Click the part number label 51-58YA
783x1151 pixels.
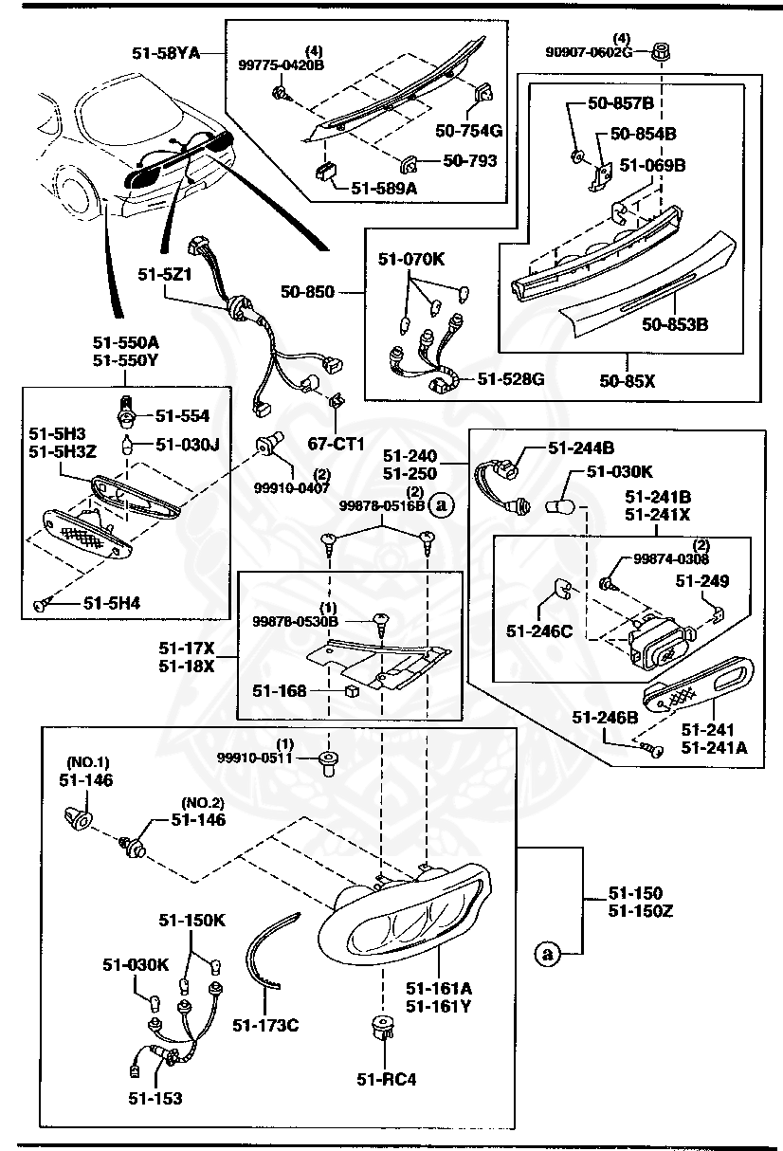click(165, 54)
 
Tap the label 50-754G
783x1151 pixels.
click(468, 130)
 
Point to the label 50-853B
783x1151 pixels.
click(675, 325)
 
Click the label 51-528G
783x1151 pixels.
click(510, 379)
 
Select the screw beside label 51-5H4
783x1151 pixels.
click(40, 604)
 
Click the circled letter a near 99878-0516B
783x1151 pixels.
click(440, 505)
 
